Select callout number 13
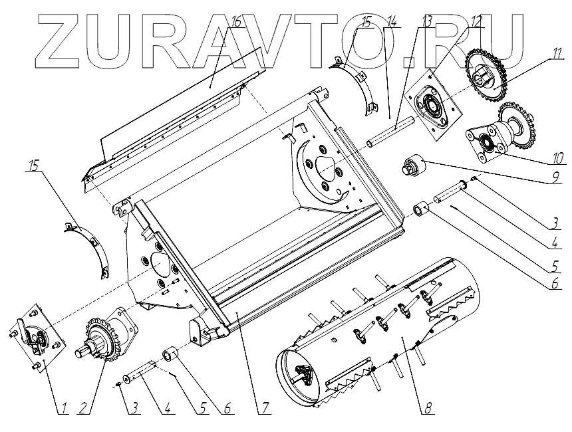426,21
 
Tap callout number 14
393,21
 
